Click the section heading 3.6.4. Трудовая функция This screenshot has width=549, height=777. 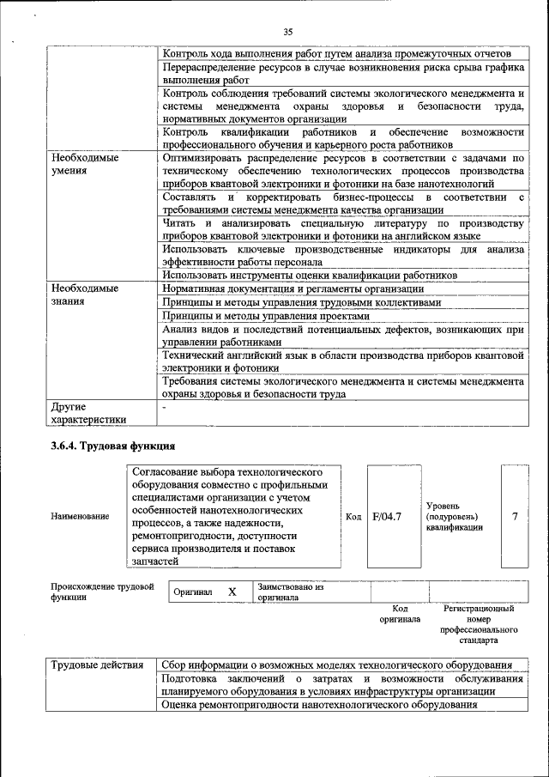pyautogui.click(x=112, y=446)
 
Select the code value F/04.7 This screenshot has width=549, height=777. pyautogui.click(x=388, y=516)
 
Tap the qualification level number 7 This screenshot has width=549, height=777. pyautogui.click(x=515, y=516)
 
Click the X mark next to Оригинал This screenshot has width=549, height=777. pyautogui.click(x=232, y=592)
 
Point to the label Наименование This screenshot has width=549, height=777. pyautogui.click(x=80, y=516)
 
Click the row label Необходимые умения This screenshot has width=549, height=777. pyautogui.click(x=84, y=165)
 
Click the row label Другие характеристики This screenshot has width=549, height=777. pyautogui.click(x=88, y=413)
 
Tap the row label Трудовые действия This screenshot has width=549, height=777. pyautogui.click(x=97, y=665)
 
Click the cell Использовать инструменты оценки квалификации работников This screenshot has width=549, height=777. pyautogui.click(x=309, y=276)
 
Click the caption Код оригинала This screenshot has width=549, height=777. pyautogui.click(x=400, y=614)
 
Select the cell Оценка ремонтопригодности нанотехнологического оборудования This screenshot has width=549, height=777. pyautogui.click(x=319, y=705)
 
